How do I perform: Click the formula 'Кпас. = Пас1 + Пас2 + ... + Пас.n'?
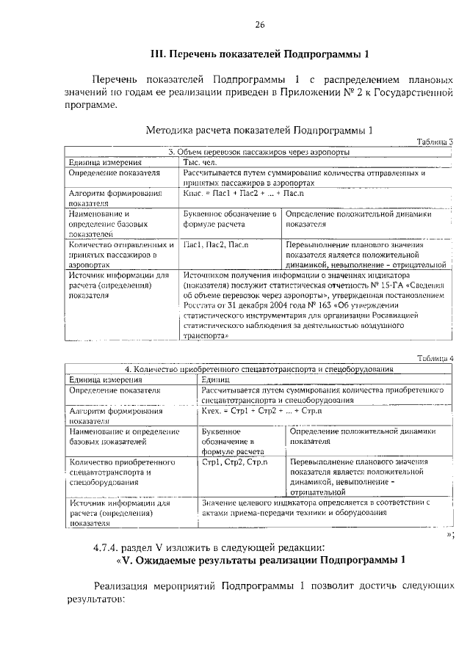pyautogui.click(x=243, y=193)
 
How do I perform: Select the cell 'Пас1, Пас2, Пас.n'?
pyautogui.click(x=216, y=244)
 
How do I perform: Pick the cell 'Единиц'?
pyautogui.click(x=216, y=379)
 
